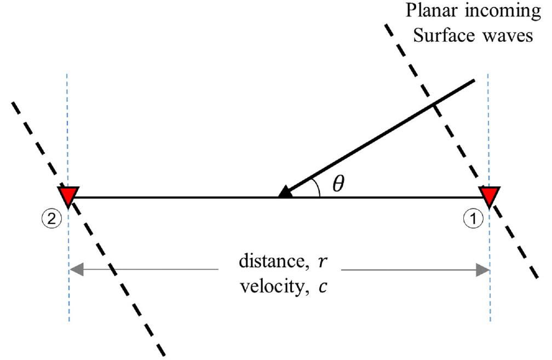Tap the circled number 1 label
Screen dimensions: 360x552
(x=473, y=219)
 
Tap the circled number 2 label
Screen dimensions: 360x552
(x=50, y=219)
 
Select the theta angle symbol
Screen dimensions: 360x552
(x=339, y=184)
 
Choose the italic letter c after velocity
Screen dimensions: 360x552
(x=325, y=287)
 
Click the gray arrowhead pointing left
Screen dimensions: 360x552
(x=75, y=270)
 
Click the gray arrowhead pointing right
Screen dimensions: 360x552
(x=483, y=270)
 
